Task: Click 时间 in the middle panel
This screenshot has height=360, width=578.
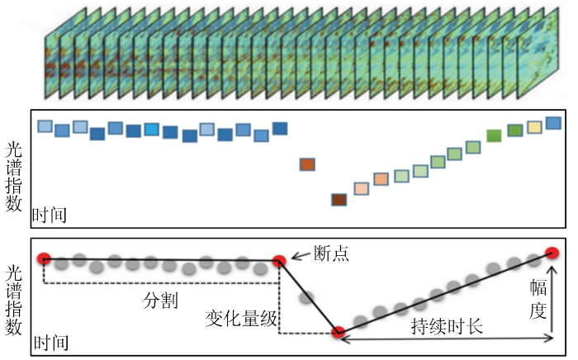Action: (x=49, y=217)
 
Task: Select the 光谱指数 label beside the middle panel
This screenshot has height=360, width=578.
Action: (x=14, y=176)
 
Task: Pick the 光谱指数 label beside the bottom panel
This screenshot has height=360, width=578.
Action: (x=14, y=300)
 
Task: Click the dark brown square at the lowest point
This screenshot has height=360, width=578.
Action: (x=339, y=200)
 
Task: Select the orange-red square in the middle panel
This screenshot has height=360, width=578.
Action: (x=308, y=164)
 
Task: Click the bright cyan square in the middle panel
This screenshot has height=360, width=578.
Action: (x=151, y=130)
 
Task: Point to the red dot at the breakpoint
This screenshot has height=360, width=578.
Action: (x=279, y=261)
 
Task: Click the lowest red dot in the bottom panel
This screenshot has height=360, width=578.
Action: (x=338, y=333)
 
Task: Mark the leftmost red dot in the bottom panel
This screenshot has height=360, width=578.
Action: (x=45, y=259)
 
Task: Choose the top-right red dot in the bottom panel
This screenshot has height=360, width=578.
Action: (x=552, y=253)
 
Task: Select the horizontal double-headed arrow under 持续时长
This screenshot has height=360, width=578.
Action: (x=446, y=338)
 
